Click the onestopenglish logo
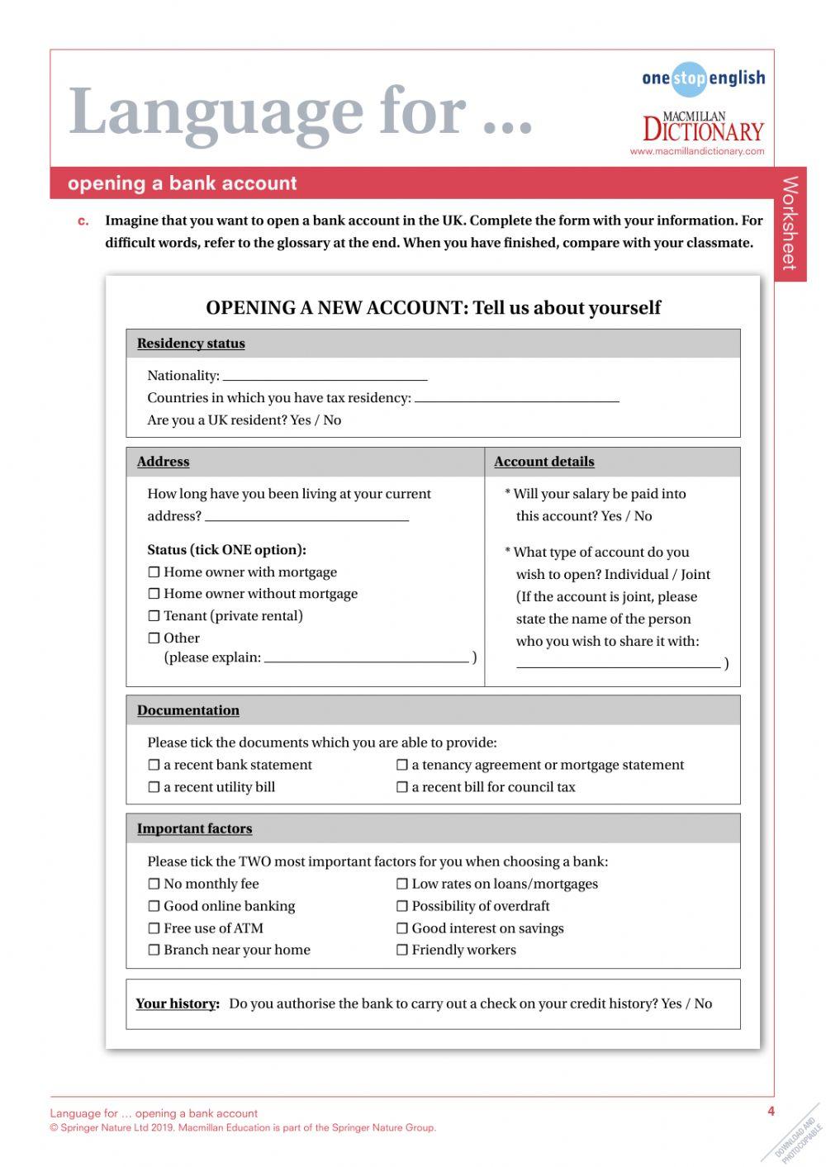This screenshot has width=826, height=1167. [703, 78]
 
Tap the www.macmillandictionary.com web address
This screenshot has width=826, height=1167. [696, 152]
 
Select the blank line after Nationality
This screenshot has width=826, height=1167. [325, 377]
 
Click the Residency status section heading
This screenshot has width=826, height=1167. [191, 344]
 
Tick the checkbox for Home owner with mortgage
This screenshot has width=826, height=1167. [154, 572]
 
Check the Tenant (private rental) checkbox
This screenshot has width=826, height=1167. [154, 616]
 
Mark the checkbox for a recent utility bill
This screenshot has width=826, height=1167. [154, 788]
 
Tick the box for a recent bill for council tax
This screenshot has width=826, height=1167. [402, 788]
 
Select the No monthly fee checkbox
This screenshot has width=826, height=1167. [154, 885]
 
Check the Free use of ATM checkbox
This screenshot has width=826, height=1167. [154, 929]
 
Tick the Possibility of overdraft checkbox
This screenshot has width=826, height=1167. [402, 907]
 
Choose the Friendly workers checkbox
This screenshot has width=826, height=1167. [402, 951]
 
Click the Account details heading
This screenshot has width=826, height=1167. [544, 462]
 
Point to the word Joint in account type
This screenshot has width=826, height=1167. [695, 575]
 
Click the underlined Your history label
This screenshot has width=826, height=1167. [178, 1004]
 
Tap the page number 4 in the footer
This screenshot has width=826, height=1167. [771, 1112]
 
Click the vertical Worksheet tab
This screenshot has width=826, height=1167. [790, 223]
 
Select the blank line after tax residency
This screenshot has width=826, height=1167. [516, 399]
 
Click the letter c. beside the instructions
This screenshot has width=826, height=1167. [83, 221]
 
